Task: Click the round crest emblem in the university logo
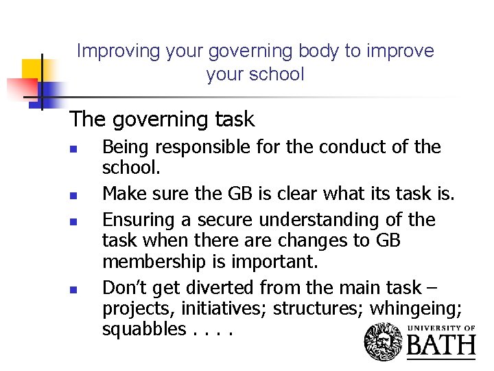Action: coord(384,341)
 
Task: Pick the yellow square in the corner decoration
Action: coord(33,69)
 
